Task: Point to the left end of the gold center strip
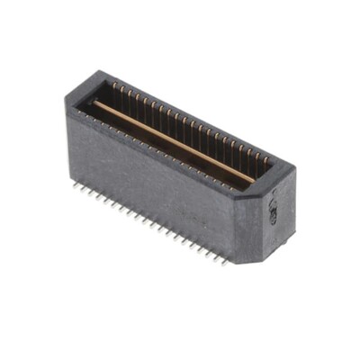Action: coord(96,104)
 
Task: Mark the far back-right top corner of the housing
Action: coord(294,168)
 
